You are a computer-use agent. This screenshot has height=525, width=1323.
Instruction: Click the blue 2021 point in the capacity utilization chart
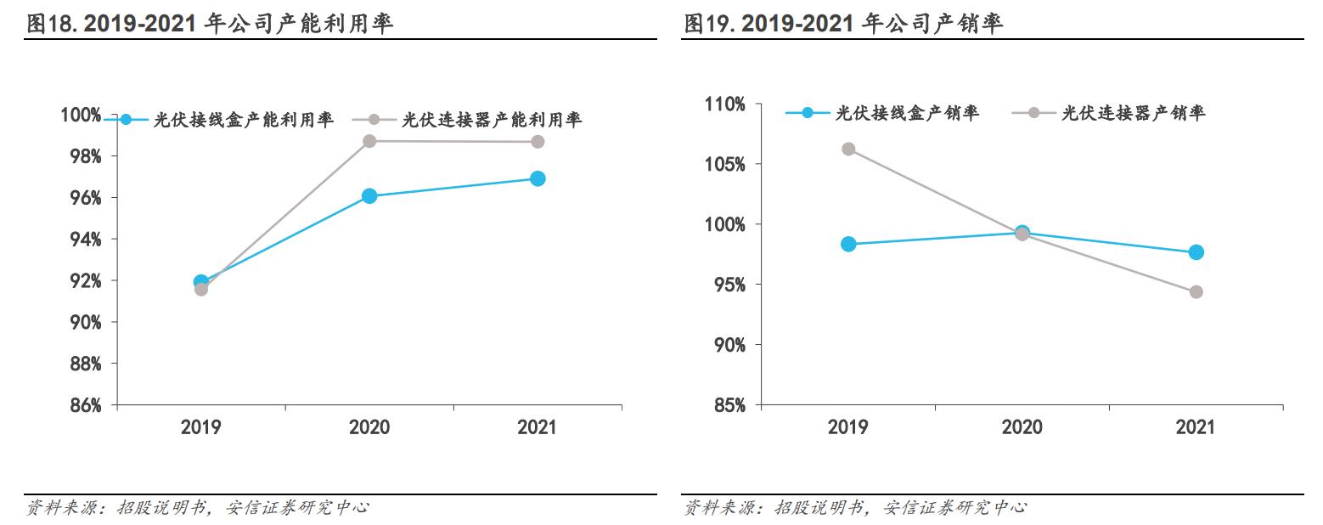[537, 178]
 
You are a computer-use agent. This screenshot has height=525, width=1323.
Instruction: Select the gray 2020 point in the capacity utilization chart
[369, 141]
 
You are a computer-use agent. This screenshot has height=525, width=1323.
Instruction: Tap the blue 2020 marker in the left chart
[369, 196]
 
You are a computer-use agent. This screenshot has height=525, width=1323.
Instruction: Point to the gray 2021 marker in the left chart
[538, 141]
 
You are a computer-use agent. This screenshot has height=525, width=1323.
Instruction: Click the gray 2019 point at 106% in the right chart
[848, 149]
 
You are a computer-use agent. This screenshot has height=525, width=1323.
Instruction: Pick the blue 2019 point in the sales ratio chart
[848, 244]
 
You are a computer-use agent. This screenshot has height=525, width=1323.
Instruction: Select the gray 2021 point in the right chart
[1196, 291]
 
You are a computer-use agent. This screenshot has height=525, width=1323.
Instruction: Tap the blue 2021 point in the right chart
[1196, 251]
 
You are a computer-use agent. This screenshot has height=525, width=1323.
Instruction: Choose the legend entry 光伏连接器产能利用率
[492, 120]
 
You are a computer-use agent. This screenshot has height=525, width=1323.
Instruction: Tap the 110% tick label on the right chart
[725, 104]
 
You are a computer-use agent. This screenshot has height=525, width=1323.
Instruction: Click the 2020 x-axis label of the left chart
[369, 426]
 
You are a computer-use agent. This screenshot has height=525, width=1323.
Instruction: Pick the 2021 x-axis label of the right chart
[1196, 426]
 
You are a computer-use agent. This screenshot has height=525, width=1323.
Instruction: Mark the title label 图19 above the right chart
[710, 24]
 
